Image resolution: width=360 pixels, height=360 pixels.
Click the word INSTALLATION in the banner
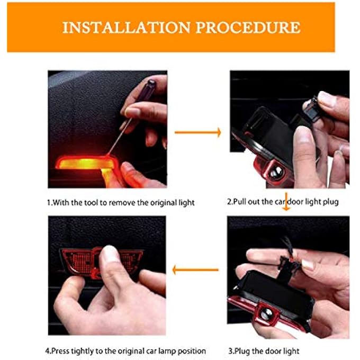click(127, 28)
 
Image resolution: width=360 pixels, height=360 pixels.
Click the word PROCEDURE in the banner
click(248, 28)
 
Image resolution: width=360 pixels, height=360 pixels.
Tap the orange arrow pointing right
click(198, 132)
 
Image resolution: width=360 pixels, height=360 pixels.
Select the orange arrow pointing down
click(286, 202)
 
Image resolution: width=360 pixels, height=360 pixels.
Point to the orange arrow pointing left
click(195, 270)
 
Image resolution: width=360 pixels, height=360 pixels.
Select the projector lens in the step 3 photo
click(266, 313)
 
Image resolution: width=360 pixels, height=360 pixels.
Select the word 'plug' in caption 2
click(330, 202)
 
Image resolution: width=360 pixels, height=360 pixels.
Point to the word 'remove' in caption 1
click(122, 203)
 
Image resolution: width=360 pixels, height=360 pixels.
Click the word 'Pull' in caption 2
click(240, 202)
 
